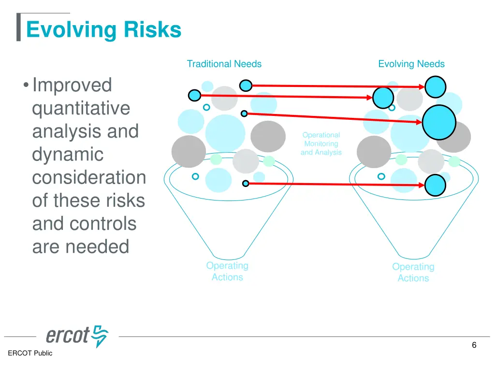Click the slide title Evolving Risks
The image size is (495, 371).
point(103,29)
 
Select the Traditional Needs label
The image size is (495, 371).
point(224,64)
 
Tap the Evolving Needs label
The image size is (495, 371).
point(411,64)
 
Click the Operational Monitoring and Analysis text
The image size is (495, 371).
point(321,144)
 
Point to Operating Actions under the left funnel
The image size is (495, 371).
point(227,271)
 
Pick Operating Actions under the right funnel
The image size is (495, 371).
point(413,272)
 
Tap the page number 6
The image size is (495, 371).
point(474,345)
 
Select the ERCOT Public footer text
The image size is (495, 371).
point(30,353)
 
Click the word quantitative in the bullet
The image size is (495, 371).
point(81,108)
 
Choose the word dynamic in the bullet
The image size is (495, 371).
point(68,155)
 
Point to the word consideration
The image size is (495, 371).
point(89,178)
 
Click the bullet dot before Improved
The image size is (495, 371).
point(25,86)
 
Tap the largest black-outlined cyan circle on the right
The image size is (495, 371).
point(439,122)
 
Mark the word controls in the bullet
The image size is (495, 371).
point(109,224)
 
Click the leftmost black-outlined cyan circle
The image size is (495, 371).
point(194,95)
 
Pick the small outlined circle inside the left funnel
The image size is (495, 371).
point(195,176)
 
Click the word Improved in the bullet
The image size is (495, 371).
point(72,85)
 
